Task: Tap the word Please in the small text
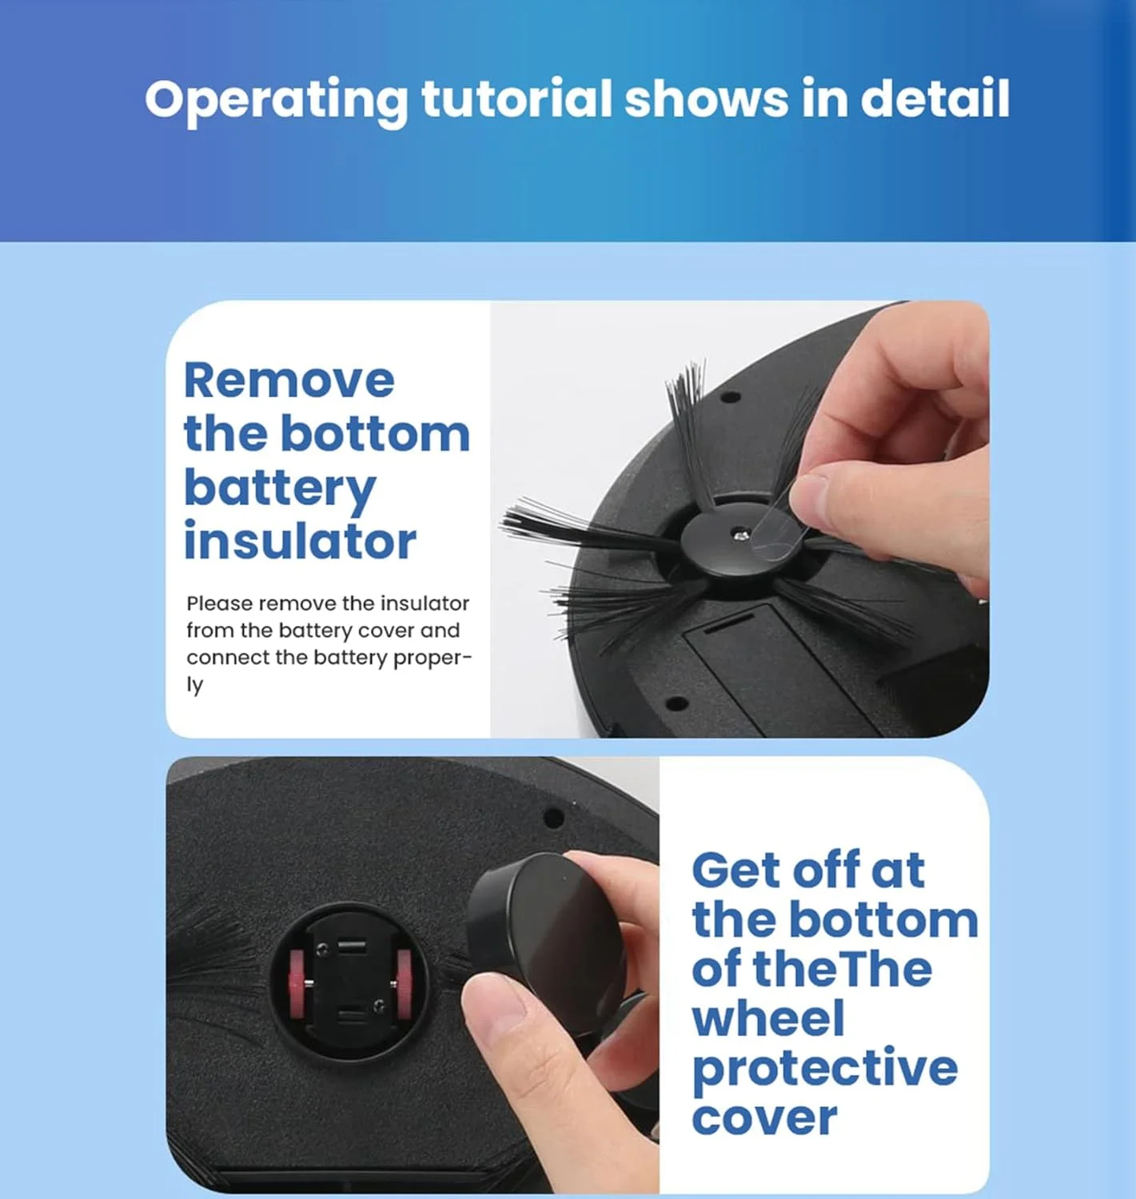pyautogui.click(x=220, y=603)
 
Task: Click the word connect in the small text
pyautogui.click(x=226, y=657)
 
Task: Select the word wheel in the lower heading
pyautogui.click(x=768, y=1017)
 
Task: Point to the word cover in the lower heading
pyautogui.click(x=764, y=1118)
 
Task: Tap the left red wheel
pyautogui.click(x=297, y=983)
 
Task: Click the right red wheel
pyautogui.click(x=404, y=983)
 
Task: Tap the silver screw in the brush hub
pyautogui.click(x=740, y=536)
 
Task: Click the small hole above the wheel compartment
pyautogui.click(x=552, y=818)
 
